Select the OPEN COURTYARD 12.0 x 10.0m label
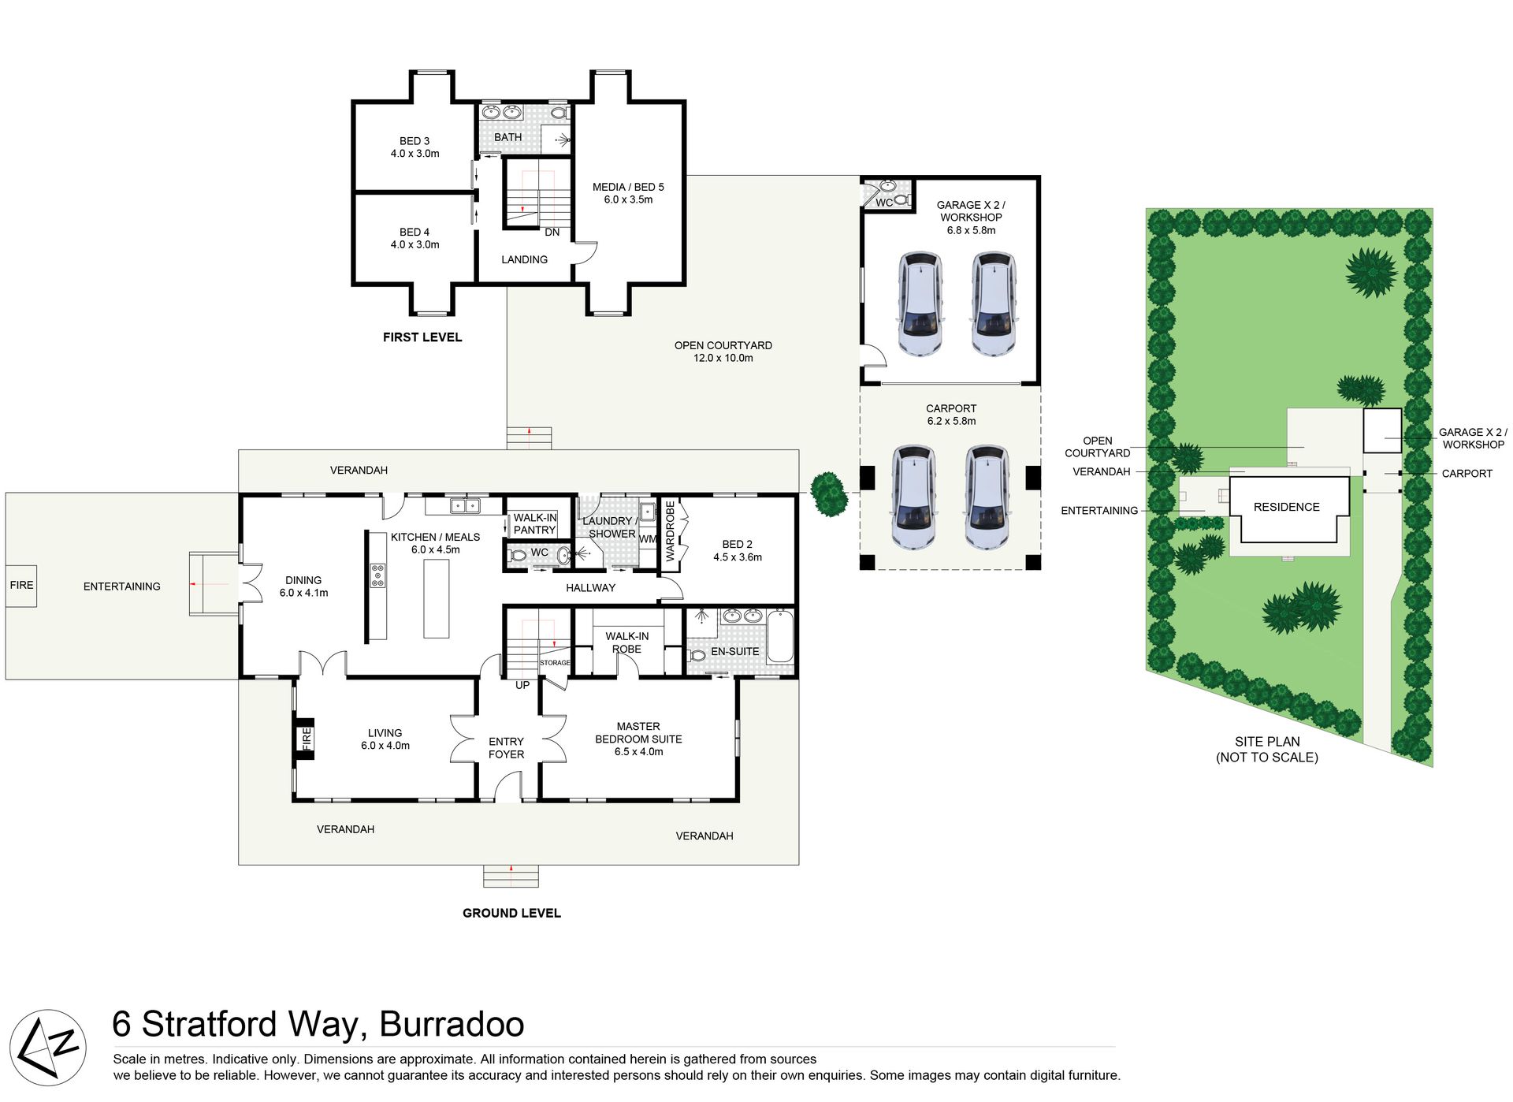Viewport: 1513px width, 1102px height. click(x=723, y=352)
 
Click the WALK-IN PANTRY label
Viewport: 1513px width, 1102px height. click(x=535, y=524)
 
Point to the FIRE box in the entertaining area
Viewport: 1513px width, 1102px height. click(x=21, y=585)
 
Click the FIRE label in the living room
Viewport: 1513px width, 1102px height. click(x=307, y=739)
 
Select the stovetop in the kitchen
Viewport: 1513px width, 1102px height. click(x=378, y=575)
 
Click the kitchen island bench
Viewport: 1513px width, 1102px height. click(x=437, y=598)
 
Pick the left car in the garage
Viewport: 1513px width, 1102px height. click(x=920, y=304)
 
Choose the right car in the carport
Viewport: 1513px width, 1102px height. click(x=986, y=497)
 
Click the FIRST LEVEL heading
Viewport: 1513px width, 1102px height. click(x=422, y=337)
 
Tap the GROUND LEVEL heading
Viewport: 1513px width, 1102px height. click(x=511, y=913)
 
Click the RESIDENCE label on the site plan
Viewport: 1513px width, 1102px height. click(x=1286, y=507)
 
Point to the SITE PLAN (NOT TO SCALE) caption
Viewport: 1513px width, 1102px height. click(x=1267, y=750)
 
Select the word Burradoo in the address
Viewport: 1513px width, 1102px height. click(x=452, y=1024)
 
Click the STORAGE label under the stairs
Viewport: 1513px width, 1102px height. click(x=555, y=663)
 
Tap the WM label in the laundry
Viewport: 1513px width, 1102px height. click(x=648, y=539)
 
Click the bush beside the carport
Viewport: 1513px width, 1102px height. click(x=829, y=494)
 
